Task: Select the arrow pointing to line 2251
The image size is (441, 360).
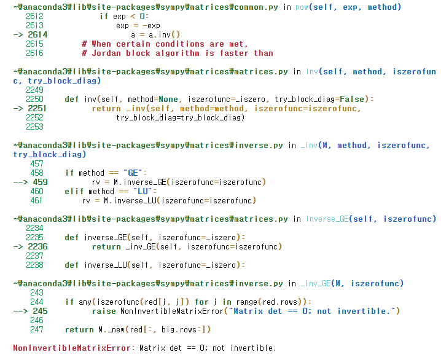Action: pyautogui.click(x=18, y=108)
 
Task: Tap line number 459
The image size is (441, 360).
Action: pyautogui.click(x=39, y=182)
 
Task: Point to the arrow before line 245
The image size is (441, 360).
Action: pyautogui.click(x=20, y=311)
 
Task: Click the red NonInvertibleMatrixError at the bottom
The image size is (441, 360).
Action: pyautogui.click(x=72, y=348)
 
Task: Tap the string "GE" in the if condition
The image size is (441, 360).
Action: pyautogui.click(x=133, y=173)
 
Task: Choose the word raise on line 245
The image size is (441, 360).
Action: pyautogui.click(x=105, y=311)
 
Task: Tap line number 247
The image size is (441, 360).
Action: pyautogui.click(x=36, y=329)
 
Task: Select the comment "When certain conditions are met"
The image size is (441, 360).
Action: pyautogui.click(x=164, y=44)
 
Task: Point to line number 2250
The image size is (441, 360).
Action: pyautogui.click(x=34, y=99)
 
